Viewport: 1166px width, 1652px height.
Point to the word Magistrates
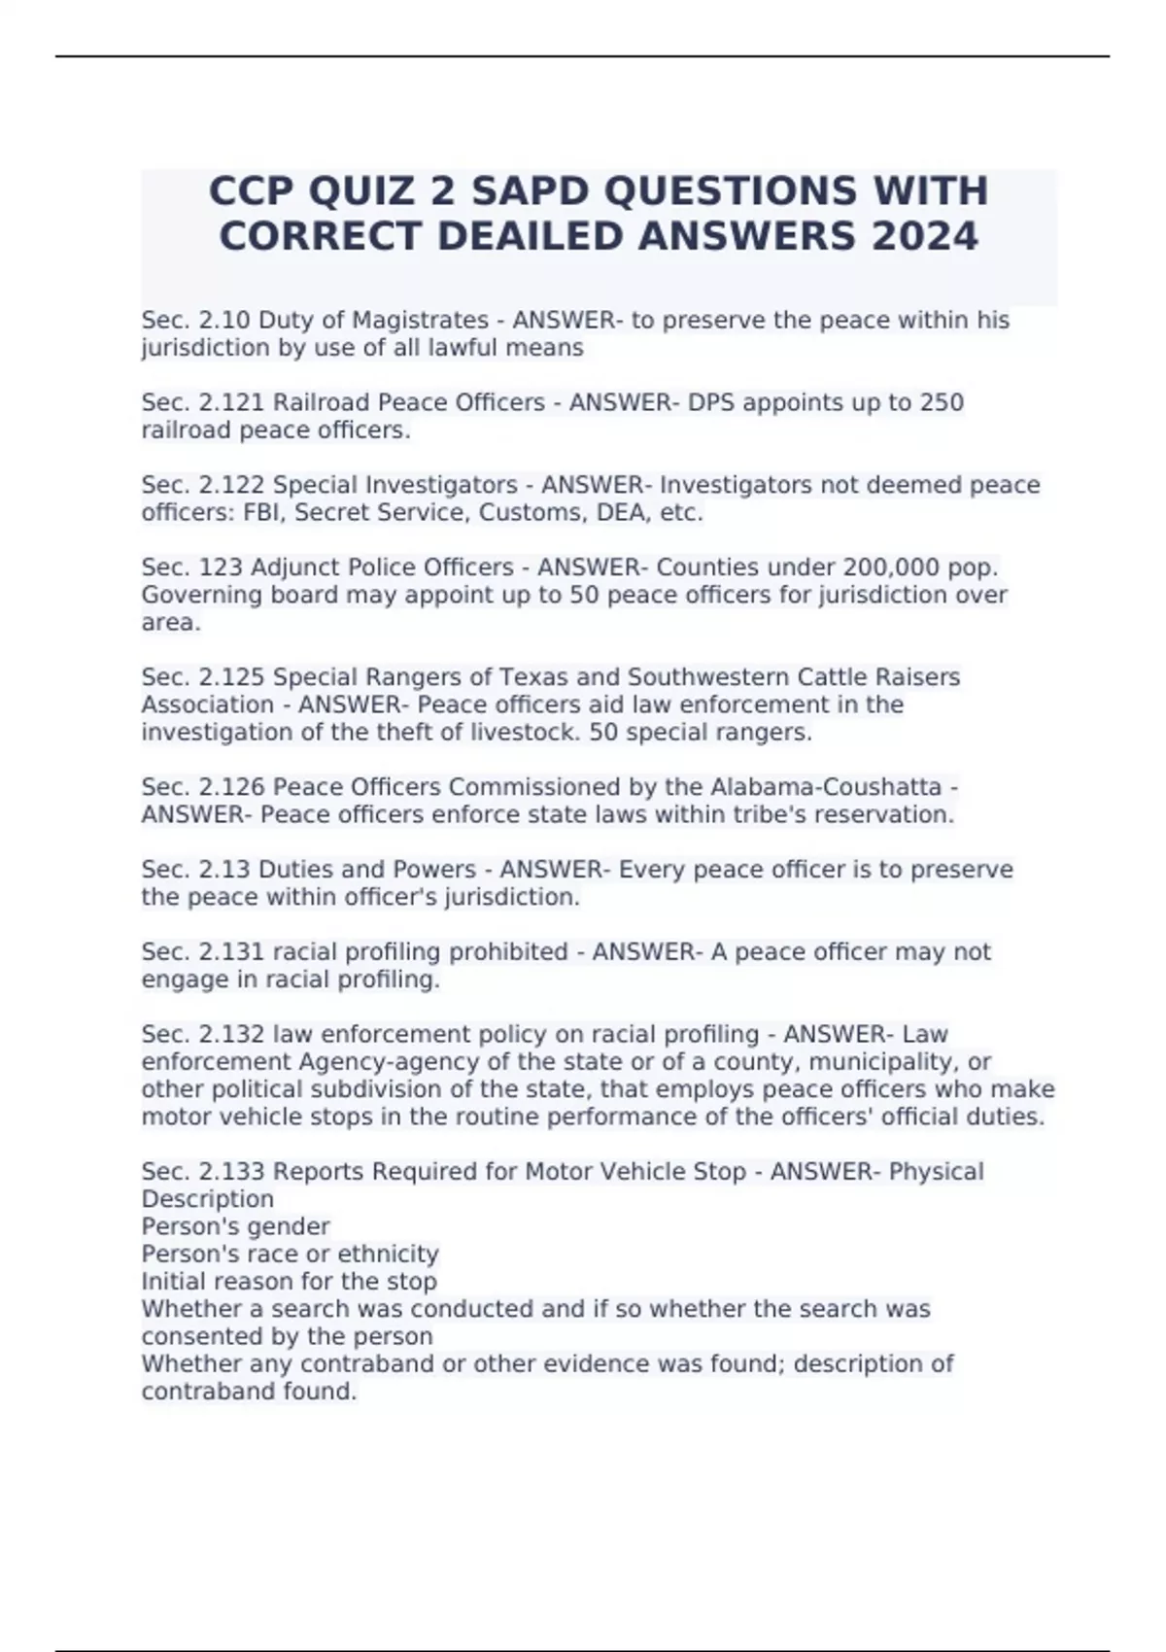(420, 321)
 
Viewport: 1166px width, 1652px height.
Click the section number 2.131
(226, 952)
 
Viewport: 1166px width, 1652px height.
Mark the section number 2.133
(228, 1172)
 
